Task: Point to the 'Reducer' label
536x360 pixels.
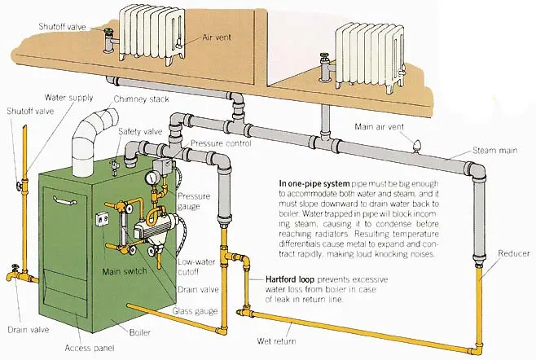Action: coord(513,253)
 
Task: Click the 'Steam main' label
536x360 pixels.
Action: coord(495,151)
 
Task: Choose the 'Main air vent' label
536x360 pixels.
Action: coord(380,126)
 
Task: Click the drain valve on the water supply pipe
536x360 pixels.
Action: coord(14,275)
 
